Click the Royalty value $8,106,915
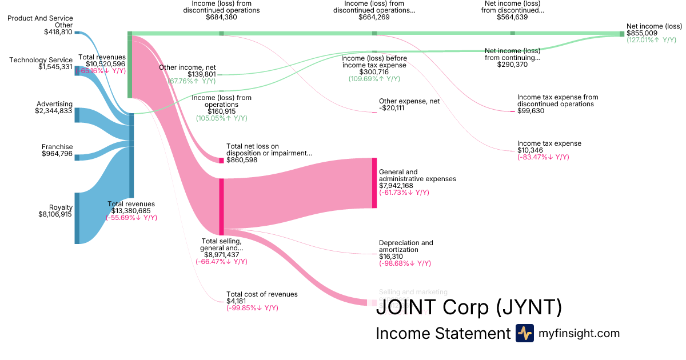[55, 214]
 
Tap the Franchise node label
[57, 147]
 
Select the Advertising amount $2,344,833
[54, 111]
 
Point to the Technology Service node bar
[77, 70]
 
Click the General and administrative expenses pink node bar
[374, 183]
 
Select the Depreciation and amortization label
[406, 246]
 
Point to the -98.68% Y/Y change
[405, 263]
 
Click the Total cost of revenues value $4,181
[236, 301]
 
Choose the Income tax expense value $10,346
[530, 150]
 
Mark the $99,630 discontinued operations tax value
[531, 111]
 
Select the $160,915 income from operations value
[221, 111]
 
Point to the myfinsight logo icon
[524, 333]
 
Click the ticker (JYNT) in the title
[528, 308]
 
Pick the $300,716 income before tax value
[374, 72]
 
